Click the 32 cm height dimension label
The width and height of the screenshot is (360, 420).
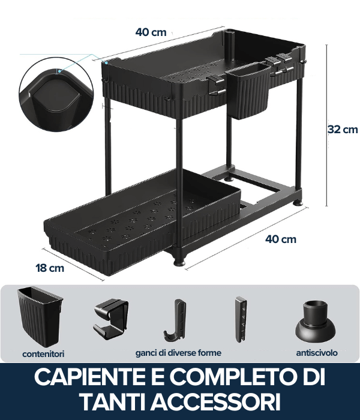[343, 130]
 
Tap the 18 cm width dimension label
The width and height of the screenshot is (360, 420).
[50, 268]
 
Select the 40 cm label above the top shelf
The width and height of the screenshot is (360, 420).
[151, 32]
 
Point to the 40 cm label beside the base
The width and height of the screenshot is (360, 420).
[281, 239]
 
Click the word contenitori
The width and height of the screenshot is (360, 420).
[43, 354]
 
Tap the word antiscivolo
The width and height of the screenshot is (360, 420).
[317, 353]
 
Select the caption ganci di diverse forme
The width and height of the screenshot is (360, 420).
[178, 353]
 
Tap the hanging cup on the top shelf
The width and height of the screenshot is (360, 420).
[248, 91]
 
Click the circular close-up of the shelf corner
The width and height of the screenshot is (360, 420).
[56, 94]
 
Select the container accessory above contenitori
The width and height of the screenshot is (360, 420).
[40, 317]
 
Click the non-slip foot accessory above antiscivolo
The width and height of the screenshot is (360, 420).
[315, 322]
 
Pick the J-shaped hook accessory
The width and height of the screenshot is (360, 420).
[175, 320]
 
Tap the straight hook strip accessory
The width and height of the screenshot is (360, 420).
[241, 320]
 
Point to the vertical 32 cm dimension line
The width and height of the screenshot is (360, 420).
[326, 125]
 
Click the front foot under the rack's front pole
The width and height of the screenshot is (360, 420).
[179, 262]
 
